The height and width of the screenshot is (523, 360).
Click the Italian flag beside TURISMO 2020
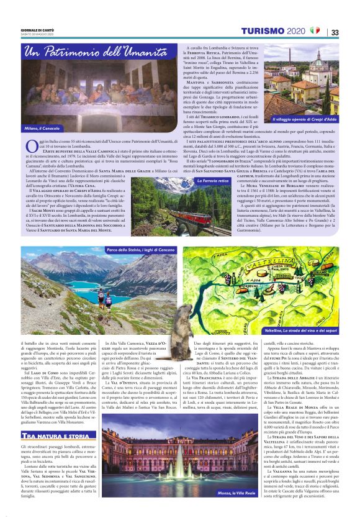315,30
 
